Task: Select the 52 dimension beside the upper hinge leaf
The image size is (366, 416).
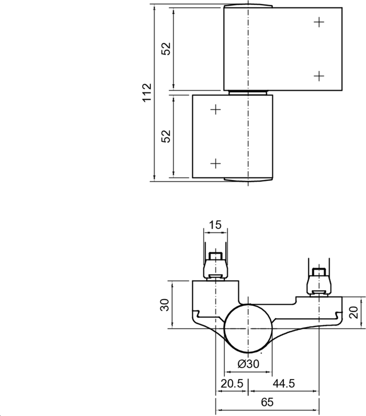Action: (166, 49)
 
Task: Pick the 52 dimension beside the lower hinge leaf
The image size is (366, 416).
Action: (166, 136)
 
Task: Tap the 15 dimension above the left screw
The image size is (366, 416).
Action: (215, 225)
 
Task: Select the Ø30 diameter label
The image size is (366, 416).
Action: (248, 364)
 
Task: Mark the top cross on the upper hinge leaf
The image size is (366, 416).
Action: (319, 22)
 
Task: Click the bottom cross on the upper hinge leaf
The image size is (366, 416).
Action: (319, 76)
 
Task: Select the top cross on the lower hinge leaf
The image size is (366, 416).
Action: (216, 109)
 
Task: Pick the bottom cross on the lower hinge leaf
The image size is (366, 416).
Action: (216, 163)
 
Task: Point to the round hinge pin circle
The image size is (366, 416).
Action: (248, 329)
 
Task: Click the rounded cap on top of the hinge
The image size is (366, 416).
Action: (248, 6)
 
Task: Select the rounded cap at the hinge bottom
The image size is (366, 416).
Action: (248, 180)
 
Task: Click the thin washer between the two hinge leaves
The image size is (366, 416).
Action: (248, 92)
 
